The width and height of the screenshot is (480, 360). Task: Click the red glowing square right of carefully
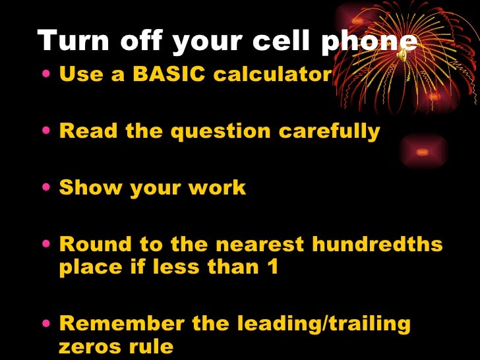[422, 152]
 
